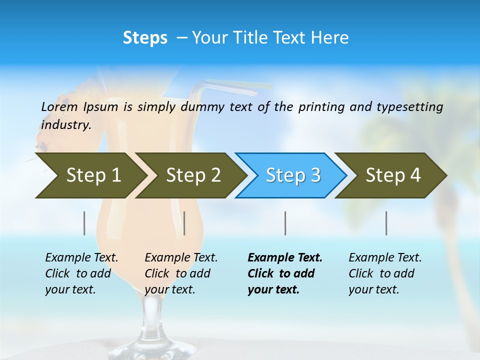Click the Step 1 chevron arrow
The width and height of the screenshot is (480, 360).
[x=90, y=175]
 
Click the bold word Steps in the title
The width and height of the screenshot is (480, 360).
[x=145, y=37]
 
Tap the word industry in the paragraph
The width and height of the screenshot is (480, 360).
[x=66, y=124]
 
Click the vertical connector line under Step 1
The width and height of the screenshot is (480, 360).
[x=84, y=223]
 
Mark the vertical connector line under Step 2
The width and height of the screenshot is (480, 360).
[x=184, y=223]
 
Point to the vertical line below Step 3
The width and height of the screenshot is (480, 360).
[x=285, y=223]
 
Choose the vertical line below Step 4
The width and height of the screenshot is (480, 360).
[x=386, y=223]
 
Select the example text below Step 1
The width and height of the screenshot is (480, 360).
[x=81, y=273]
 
